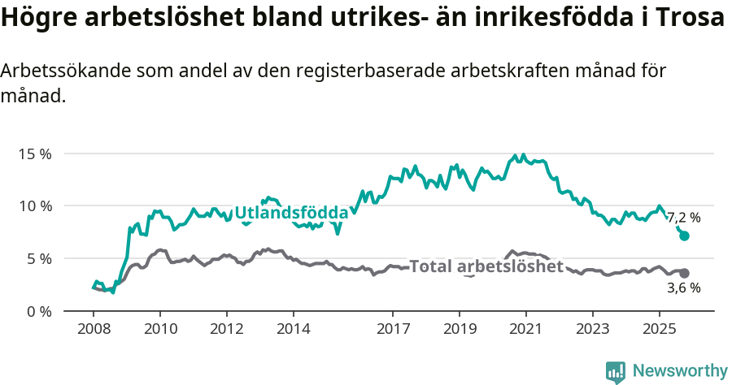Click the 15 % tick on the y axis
click(34, 154)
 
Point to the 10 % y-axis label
click(34, 205)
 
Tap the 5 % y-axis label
click(38, 258)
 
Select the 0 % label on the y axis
click(38, 311)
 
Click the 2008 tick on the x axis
click(94, 330)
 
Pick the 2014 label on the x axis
click(293, 330)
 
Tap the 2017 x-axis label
click(393, 330)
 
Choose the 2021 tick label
click(525, 330)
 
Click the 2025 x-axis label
click(658, 330)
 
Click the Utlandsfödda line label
click(291, 214)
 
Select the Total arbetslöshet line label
click(486, 266)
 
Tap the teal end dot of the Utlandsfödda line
click(685, 236)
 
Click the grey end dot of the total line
click(685, 274)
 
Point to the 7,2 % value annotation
click(684, 218)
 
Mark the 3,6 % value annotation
click(684, 288)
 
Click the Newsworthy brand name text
click(680, 371)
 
